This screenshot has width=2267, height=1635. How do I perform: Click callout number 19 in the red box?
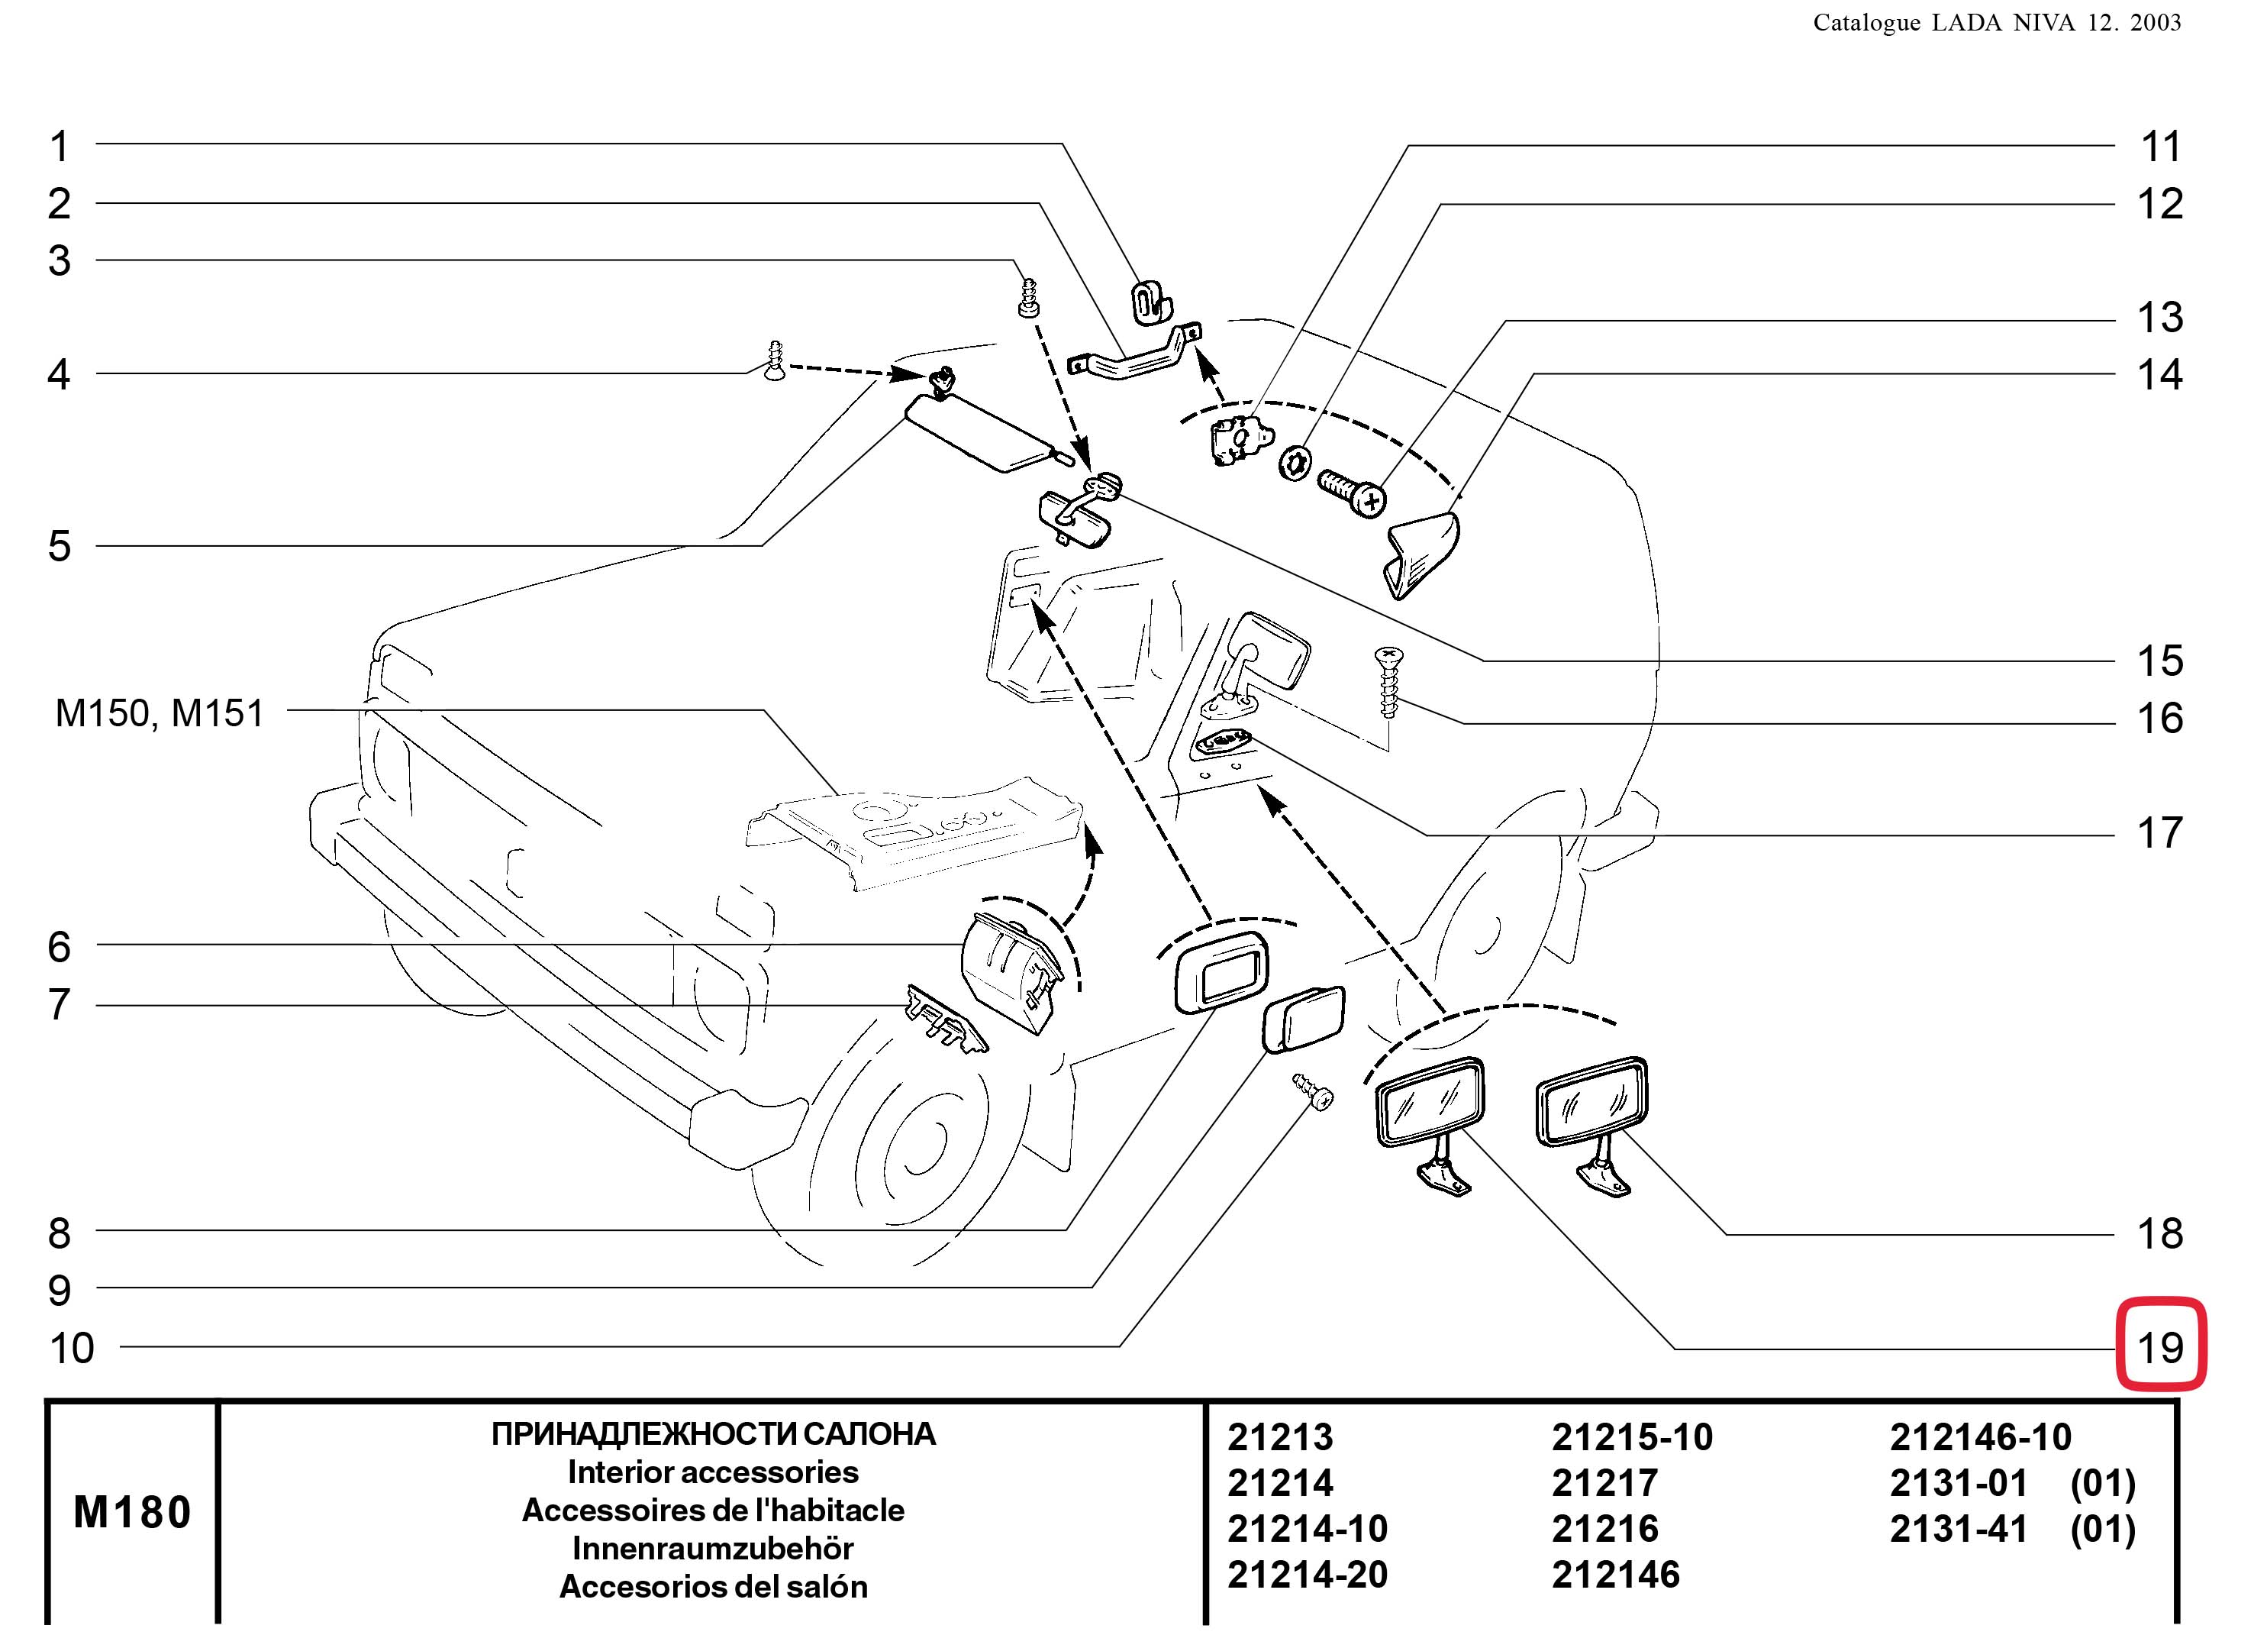[x=2159, y=1348]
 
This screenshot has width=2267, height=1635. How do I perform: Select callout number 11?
[x=2159, y=147]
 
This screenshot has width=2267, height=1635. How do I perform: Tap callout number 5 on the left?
[x=60, y=546]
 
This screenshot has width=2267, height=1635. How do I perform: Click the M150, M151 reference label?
[x=160, y=713]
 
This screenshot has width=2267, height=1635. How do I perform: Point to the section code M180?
[x=132, y=1512]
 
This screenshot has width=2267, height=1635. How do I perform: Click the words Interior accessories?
[x=713, y=1472]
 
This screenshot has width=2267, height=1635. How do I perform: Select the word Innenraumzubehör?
[x=713, y=1548]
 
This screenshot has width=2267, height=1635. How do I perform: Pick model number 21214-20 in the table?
[x=1308, y=1574]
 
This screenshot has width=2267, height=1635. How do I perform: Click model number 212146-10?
[x=1980, y=1437]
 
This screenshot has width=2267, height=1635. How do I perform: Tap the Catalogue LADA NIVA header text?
[x=1997, y=22]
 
